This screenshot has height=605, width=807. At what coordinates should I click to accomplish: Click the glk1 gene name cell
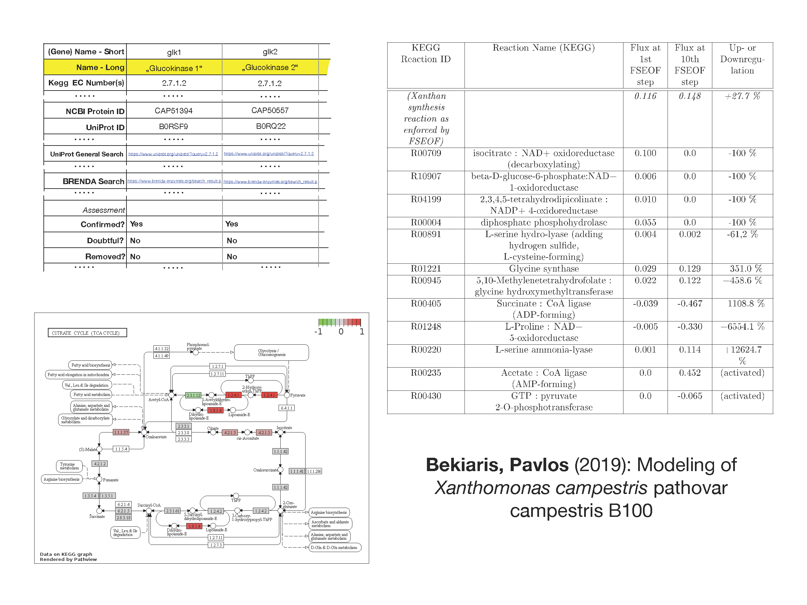[x=174, y=52]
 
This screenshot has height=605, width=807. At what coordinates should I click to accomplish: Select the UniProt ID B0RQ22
[x=270, y=126]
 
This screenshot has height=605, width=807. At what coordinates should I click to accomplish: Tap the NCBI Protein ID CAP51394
[x=173, y=110]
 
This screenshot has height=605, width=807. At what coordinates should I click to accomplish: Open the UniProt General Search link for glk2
[x=269, y=153]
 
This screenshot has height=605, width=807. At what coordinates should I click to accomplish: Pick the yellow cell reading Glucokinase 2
[x=270, y=67]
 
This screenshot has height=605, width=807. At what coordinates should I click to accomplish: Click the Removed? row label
[x=105, y=256]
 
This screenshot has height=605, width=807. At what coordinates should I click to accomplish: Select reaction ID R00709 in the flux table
[x=426, y=153]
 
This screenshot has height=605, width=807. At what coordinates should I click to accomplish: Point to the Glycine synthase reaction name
[x=543, y=269]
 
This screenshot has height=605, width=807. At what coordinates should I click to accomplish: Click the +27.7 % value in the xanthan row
[x=742, y=96]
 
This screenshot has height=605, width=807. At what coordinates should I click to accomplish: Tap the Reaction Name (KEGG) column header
[x=543, y=48]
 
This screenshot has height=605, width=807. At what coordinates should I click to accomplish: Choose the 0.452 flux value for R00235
[x=689, y=373]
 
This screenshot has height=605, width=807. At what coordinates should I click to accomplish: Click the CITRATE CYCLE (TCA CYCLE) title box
[x=87, y=333]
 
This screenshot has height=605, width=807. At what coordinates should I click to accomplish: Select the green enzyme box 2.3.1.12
[x=193, y=395]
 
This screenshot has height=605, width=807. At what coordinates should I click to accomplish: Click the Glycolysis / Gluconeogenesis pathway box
[x=271, y=353]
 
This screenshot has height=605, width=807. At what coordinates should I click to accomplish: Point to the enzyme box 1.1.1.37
[x=121, y=432]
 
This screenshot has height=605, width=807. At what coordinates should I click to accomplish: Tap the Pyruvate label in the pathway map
[x=298, y=395]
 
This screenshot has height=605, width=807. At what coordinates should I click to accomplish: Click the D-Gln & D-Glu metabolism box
[x=334, y=547]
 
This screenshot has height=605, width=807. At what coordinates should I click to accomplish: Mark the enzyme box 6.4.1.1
[x=286, y=408]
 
